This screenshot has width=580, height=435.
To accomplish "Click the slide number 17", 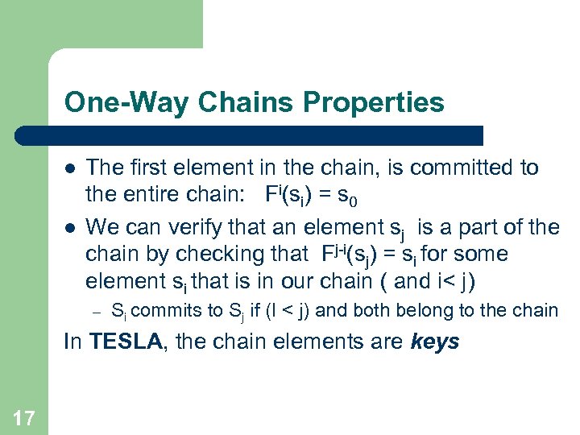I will pos(23,416).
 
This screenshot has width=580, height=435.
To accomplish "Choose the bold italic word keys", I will pos(434,342).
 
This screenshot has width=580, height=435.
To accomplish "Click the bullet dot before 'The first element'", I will pos(71,168).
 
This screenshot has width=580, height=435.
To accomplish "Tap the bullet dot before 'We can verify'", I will pos(71,228).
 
